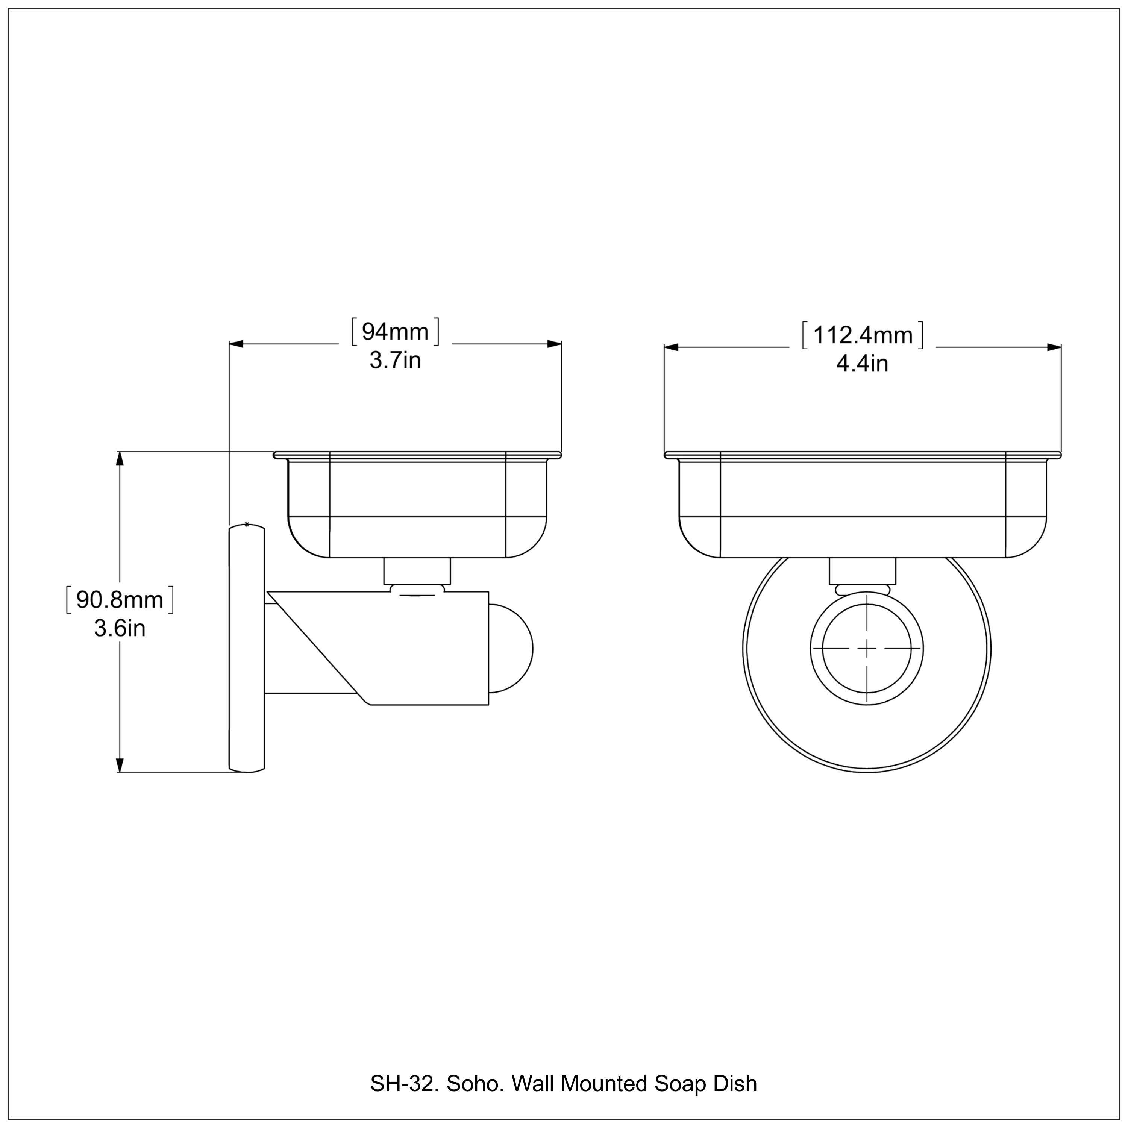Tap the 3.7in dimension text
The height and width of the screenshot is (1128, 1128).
pos(395,360)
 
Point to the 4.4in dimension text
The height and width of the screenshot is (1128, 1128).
pos(862,364)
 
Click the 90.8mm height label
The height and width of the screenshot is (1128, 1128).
pos(120,600)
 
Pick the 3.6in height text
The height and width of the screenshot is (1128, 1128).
pos(120,629)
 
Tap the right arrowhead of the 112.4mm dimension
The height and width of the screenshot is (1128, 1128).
pos(1054,347)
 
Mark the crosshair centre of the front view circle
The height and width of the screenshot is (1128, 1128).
pos(867,648)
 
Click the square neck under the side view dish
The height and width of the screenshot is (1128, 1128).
pos(417,571)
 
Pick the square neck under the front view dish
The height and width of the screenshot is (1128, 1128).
pos(862,571)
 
